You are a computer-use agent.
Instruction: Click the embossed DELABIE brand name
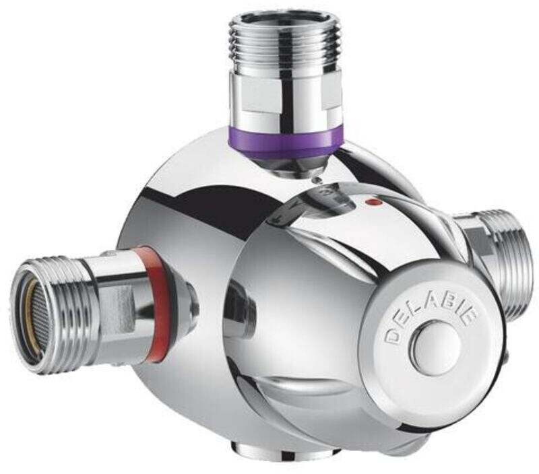(432, 317)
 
